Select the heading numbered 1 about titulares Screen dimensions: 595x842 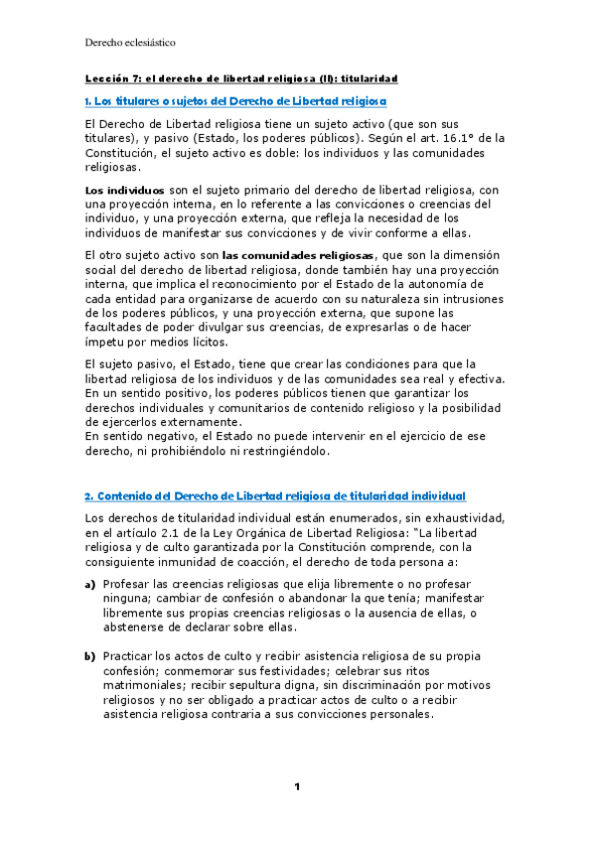click(235, 101)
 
